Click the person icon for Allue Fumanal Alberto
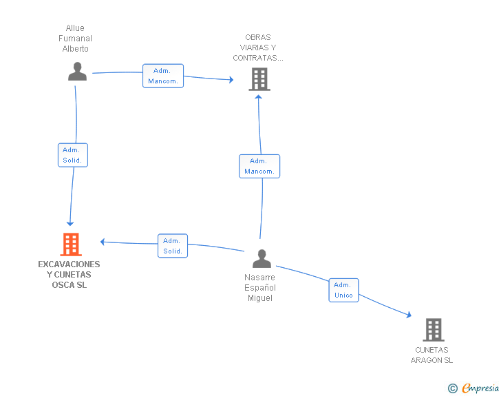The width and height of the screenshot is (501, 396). point(77,72)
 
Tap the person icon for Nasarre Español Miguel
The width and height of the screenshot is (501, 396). point(262,258)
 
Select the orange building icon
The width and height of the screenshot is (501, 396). point(71,244)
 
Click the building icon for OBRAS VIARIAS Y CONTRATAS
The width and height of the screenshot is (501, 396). point(259,79)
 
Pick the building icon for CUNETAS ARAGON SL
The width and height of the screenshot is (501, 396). point(434,330)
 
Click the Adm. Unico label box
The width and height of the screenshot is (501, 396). point(344,290)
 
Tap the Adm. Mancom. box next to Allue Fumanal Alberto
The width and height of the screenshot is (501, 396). point(163,76)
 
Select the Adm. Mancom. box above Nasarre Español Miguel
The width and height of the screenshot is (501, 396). point(259,167)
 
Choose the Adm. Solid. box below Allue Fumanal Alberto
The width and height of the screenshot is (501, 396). point(73,155)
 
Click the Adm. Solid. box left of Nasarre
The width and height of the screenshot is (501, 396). point(173,246)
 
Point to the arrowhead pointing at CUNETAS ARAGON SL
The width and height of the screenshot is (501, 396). point(409,315)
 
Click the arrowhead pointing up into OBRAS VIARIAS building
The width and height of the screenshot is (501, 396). point(259,96)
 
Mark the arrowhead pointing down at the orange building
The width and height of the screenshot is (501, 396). point(70,224)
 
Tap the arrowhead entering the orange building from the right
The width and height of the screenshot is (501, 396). point(103,242)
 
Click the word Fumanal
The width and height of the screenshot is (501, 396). point(75,39)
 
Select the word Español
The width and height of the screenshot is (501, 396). point(260,288)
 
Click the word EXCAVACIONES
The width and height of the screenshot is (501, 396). point(69,264)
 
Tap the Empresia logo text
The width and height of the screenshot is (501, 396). point(480,388)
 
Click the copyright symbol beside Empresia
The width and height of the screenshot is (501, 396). point(453,388)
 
